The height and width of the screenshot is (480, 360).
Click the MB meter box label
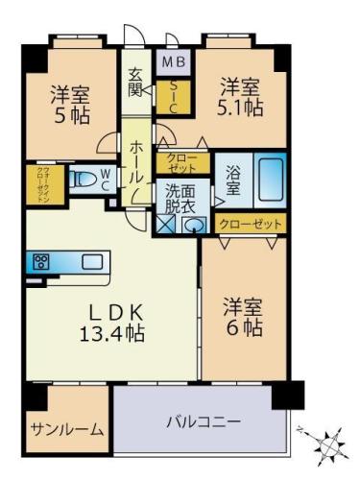[175, 63]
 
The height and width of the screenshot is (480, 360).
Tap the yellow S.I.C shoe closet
[175, 95]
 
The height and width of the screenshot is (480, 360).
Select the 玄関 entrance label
[136, 82]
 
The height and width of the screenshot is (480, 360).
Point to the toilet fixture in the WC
[85, 178]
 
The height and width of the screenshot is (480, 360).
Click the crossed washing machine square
[166, 225]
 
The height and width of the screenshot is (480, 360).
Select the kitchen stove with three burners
[41, 261]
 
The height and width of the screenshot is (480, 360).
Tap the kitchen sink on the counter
[92, 261]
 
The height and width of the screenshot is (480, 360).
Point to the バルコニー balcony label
[203, 421]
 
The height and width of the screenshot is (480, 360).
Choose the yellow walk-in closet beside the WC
[43, 184]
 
